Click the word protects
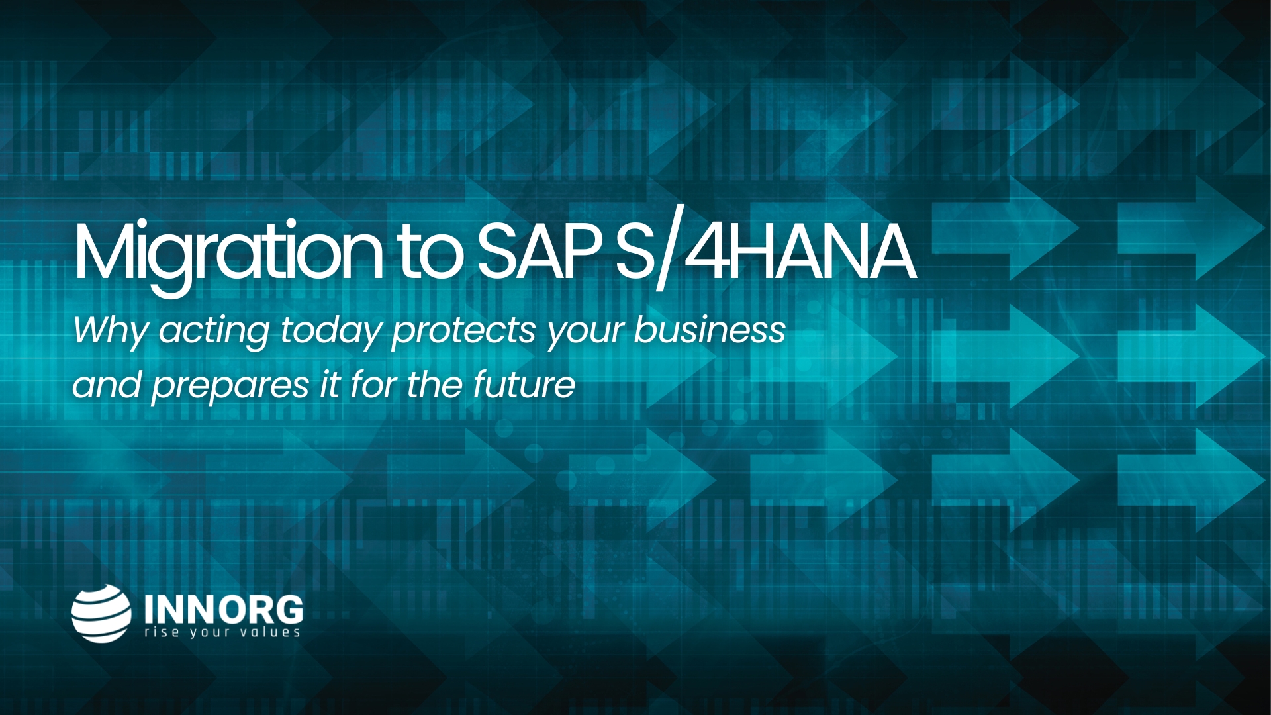click(463, 331)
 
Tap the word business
click(710, 329)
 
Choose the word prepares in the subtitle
click(230, 387)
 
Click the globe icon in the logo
click(101, 613)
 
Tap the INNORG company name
click(224, 609)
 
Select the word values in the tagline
click(270, 632)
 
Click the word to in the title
click(430, 254)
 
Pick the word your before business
click(585, 332)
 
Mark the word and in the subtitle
click(107, 385)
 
